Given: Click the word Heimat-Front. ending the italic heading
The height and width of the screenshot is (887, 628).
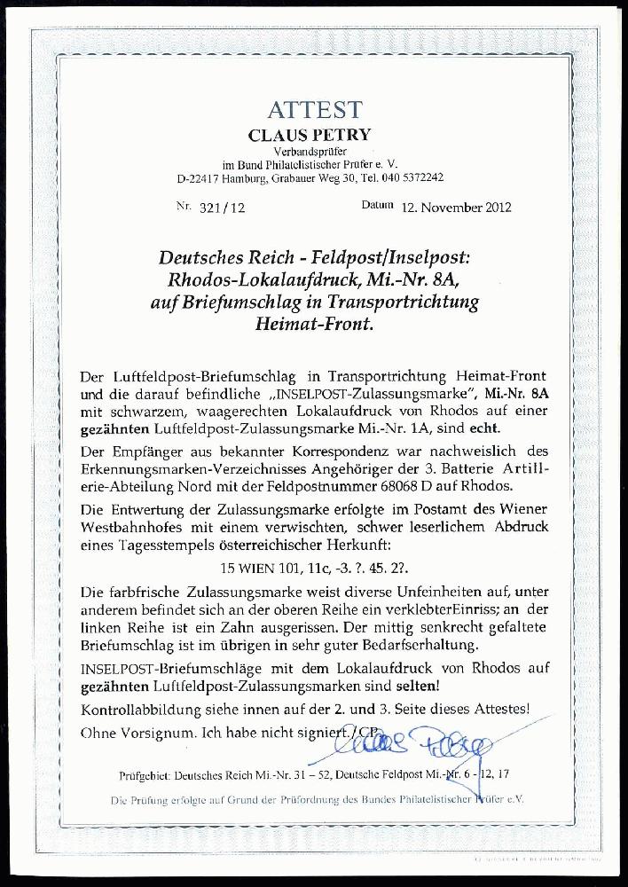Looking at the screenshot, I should (314, 324).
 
